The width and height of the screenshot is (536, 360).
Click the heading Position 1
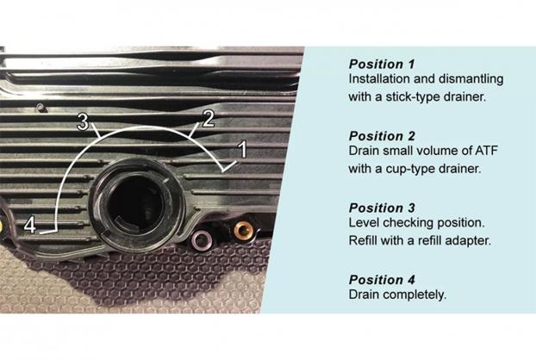pyautogui.click(x=382, y=64)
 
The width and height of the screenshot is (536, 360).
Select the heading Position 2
pyautogui.click(x=382, y=136)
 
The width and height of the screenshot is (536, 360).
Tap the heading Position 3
pyautogui.click(x=382, y=208)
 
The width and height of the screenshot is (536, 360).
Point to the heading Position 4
pyautogui.click(x=382, y=280)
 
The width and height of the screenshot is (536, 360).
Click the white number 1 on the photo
pyautogui.click(x=242, y=150)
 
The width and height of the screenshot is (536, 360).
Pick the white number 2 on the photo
pyautogui.click(x=209, y=119)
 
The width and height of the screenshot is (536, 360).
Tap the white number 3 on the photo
pyautogui.click(x=83, y=121)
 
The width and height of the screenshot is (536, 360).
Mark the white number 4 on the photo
pyautogui.click(x=30, y=226)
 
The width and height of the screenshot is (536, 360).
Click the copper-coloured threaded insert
pyautogui.click(x=243, y=231)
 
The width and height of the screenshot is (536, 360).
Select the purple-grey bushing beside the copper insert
pyautogui.click(x=202, y=239)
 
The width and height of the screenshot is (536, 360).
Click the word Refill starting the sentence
pyautogui.click(x=363, y=240)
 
